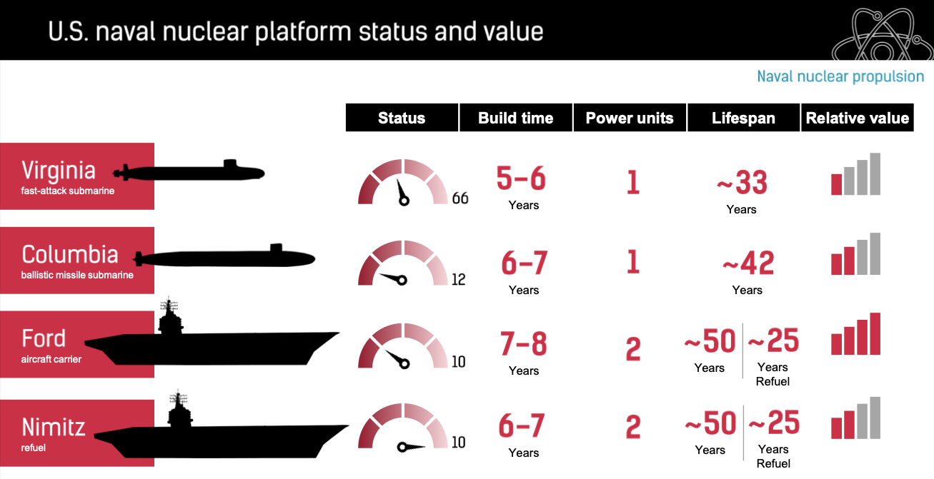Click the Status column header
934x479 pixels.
402,118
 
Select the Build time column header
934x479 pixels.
516,118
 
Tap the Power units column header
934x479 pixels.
630,118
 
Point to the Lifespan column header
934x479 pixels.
743,118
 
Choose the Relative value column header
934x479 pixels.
858,118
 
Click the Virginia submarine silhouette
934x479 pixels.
189,171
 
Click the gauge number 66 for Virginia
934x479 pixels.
460,198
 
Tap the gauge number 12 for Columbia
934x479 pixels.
459,280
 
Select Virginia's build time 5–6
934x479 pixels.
521,178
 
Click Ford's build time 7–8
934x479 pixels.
523,344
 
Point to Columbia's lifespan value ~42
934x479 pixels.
748,263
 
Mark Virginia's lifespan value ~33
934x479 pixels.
742,183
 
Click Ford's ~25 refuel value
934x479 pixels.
773,341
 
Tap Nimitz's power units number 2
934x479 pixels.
633,428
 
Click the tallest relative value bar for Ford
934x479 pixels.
875,333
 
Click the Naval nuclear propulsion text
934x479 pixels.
840,76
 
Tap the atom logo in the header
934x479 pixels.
883,34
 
